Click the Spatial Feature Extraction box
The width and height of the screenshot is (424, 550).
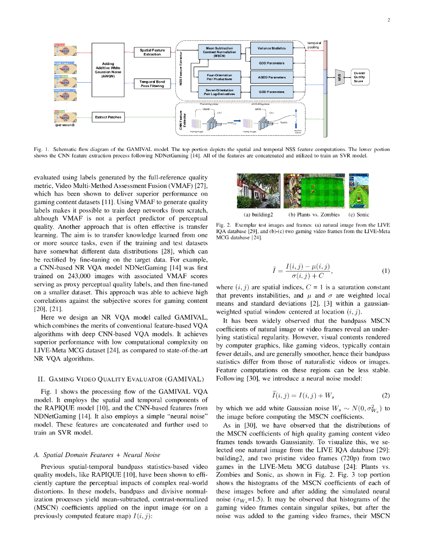[x=152, y=52]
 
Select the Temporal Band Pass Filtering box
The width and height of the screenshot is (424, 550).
[x=152, y=83]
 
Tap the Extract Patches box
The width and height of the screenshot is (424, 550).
[x=108, y=117]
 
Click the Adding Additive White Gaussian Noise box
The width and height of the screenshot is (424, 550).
[x=111, y=70]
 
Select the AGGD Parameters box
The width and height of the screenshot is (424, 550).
[x=272, y=77]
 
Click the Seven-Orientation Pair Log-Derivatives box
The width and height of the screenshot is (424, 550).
[x=219, y=92]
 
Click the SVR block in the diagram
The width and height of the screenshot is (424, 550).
[x=338, y=77]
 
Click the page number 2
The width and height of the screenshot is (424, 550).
[x=387, y=20]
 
